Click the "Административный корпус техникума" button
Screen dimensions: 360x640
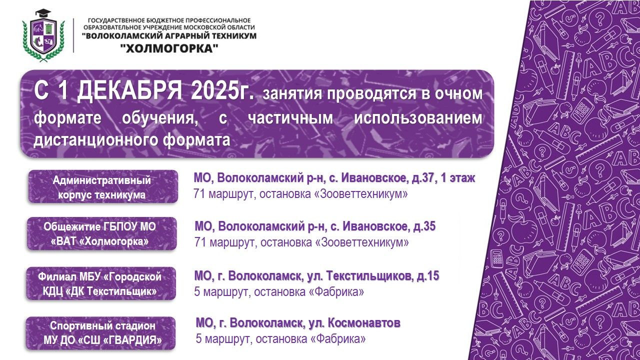coord(102,187)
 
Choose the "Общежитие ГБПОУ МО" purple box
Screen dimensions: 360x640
coord(101,233)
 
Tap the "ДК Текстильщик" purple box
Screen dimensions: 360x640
coord(101,283)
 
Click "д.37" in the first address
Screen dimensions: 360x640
coord(415,178)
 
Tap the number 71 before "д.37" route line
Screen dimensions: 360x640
coord(199,194)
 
